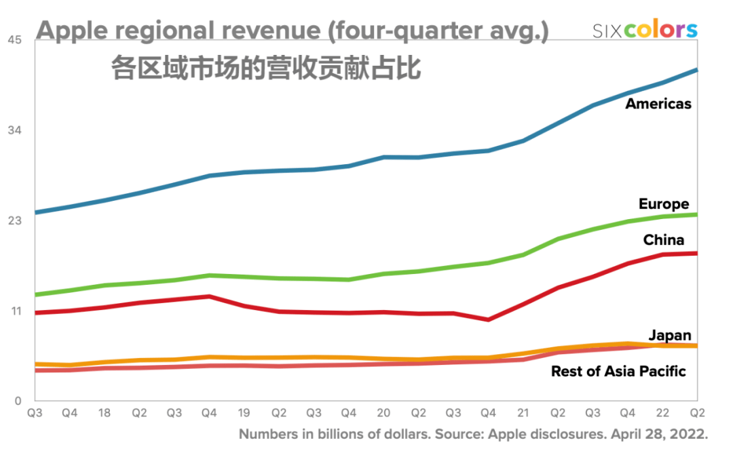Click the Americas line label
658,104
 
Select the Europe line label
663,204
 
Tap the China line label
663,240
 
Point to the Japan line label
669,335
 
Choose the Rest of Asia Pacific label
618,371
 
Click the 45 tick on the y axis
15,40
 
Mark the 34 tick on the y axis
15,130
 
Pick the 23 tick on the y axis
15,220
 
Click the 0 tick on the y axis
18,401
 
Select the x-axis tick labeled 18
105,412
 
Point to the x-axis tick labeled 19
244,412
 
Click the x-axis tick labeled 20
383,412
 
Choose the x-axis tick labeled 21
523,412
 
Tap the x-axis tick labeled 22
662,412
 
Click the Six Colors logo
644,30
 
